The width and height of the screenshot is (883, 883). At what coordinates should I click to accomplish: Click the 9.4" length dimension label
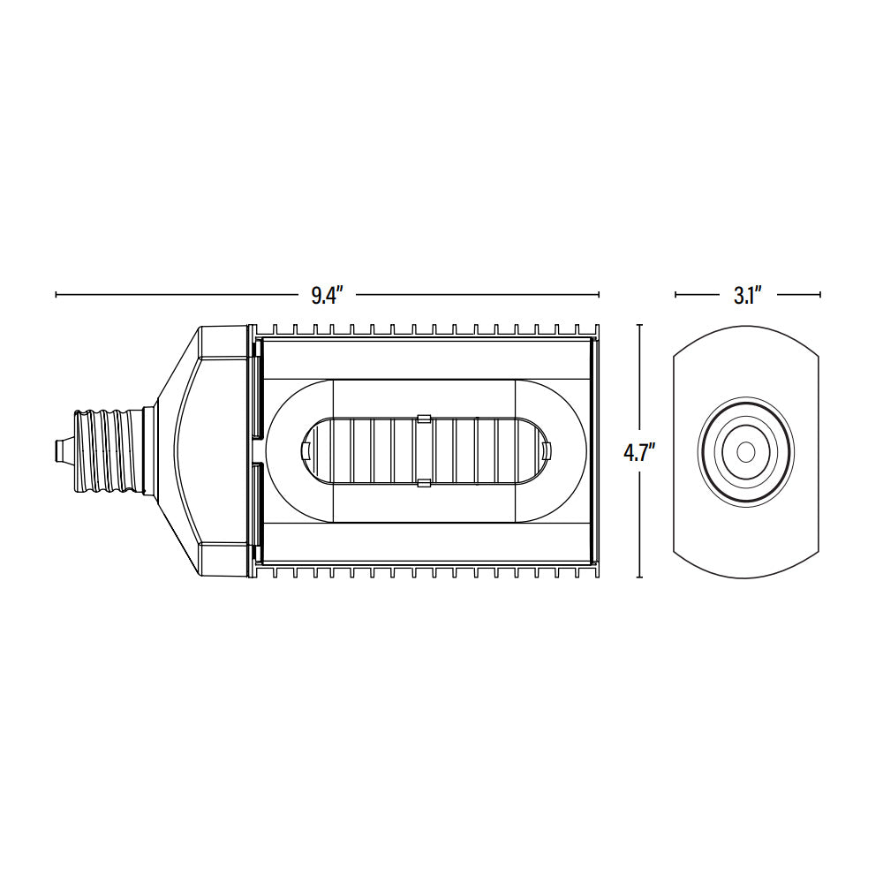[326, 296]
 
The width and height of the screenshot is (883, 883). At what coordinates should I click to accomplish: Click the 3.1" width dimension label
[747, 296]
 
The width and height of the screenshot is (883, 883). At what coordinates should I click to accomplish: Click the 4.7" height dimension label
[639, 452]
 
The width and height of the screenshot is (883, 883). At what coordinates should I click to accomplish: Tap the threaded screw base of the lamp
[106, 450]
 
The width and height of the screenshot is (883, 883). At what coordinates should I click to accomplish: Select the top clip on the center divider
[423, 418]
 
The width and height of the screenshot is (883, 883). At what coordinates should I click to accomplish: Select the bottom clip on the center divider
[423, 482]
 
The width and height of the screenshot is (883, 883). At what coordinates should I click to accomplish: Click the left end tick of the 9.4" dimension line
[57, 294]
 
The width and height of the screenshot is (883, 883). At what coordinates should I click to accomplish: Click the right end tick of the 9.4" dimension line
[599, 294]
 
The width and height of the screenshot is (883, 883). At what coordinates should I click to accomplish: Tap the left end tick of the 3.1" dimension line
[675, 294]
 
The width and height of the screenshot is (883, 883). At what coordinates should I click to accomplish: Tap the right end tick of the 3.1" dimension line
[820, 294]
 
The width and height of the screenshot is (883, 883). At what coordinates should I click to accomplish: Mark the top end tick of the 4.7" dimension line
[639, 326]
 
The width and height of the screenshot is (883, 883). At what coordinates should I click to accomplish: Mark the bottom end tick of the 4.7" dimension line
[639, 577]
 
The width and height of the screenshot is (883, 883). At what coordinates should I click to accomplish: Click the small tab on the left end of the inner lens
[306, 450]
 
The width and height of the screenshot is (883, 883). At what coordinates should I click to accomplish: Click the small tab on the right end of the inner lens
[545, 450]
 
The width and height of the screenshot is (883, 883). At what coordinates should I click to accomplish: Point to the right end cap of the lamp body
[594, 450]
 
